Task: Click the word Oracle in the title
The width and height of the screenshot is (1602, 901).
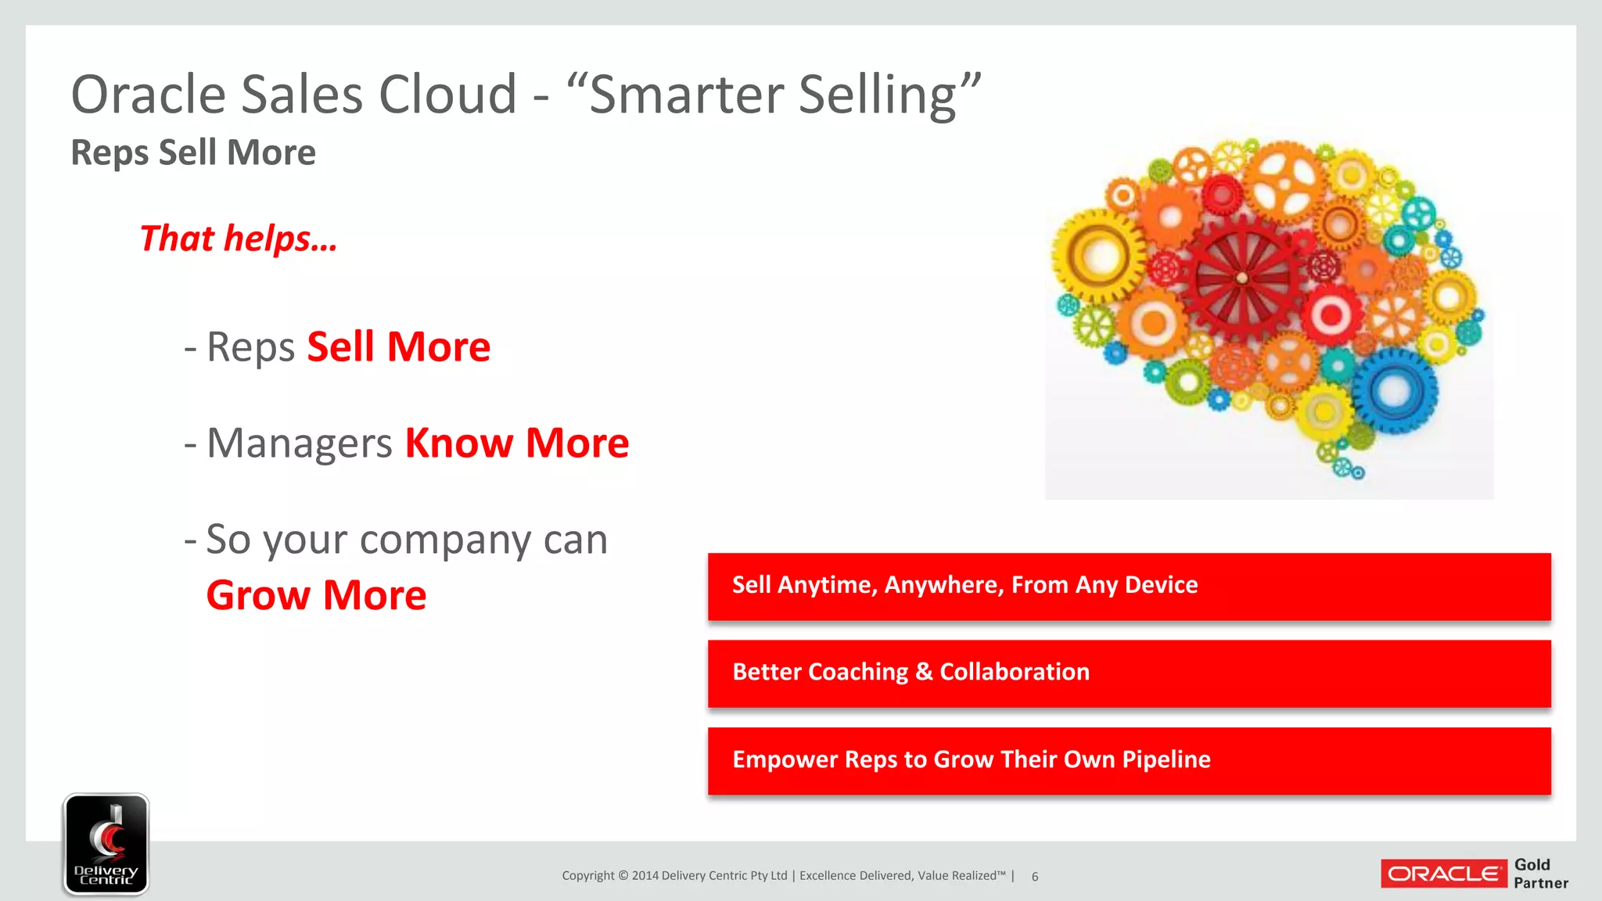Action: tap(149, 95)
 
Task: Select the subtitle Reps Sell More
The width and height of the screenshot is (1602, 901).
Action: tap(193, 153)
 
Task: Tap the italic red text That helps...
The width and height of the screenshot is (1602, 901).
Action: tap(238, 239)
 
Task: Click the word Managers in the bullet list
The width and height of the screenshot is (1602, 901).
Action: tap(299, 443)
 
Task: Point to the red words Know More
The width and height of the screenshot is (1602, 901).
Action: tap(516, 443)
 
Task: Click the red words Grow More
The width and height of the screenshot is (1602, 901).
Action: tap(316, 595)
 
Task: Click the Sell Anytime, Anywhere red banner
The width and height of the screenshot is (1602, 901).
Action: tap(1129, 587)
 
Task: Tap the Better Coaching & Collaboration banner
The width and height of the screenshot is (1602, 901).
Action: tap(1129, 673)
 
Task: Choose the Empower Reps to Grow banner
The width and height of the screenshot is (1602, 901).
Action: tap(1129, 761)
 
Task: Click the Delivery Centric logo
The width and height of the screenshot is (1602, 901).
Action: tap(106, 844)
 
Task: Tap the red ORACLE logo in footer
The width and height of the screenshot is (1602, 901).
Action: tap(1443, 874)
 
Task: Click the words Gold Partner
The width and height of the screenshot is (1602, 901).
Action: tap(1540, 874)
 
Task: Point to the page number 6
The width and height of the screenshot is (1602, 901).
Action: tap(1034, 877)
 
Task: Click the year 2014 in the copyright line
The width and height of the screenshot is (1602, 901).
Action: tap(645, 876)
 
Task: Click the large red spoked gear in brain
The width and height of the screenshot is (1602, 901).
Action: tap(1241, 278)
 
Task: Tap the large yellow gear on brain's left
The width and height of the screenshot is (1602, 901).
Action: tap(1098, 256)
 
